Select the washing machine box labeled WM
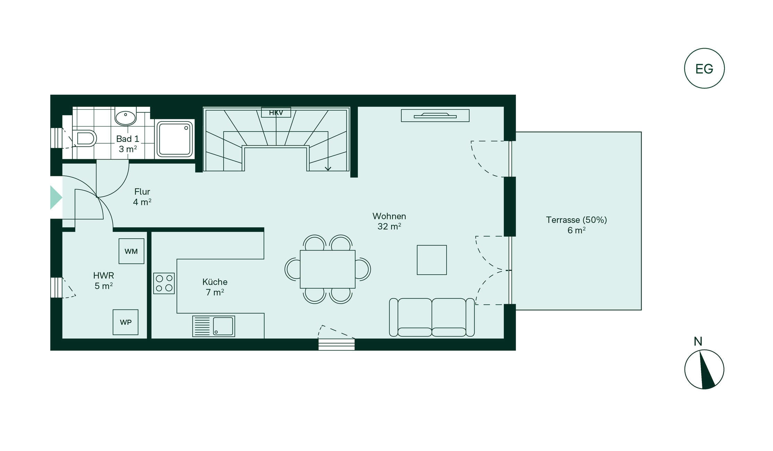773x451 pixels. coord(131,251)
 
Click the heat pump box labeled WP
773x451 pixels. coord(126,322)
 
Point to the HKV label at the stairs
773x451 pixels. coord(276,113)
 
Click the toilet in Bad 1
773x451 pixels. coord(84,139)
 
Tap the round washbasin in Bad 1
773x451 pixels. coord(126,118)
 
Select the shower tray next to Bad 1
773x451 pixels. coord(175,139)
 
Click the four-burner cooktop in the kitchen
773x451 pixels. coord(164,283)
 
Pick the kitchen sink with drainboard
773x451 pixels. coord(214,326)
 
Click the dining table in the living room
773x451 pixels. coord(328,269)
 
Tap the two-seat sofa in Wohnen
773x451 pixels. coord(432,317)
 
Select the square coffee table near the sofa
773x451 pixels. coord(432,260)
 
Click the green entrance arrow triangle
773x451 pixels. coord(56,197)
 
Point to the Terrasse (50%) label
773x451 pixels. coord(576,220)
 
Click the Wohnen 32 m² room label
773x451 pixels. coord(389,221)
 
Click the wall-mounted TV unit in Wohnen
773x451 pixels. coord(435,116)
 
